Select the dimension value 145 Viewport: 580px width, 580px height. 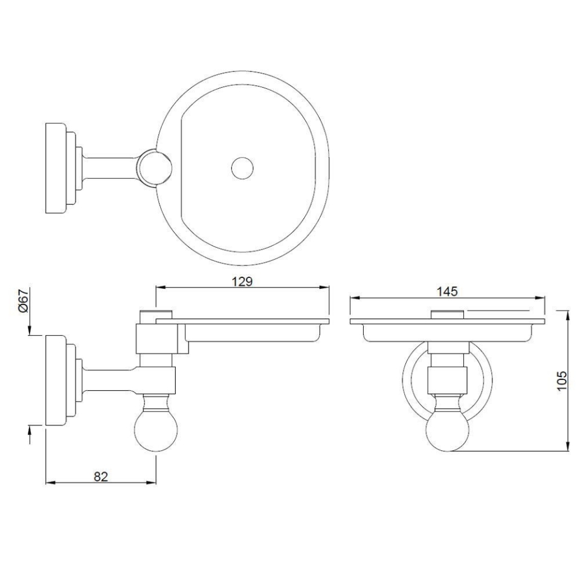coord(447,291)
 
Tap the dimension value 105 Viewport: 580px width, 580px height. coord(562,381)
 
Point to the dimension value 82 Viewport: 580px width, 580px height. coord(101,476)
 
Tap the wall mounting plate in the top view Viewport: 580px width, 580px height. coord(56,167)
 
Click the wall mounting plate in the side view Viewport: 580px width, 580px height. coord(56,379)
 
